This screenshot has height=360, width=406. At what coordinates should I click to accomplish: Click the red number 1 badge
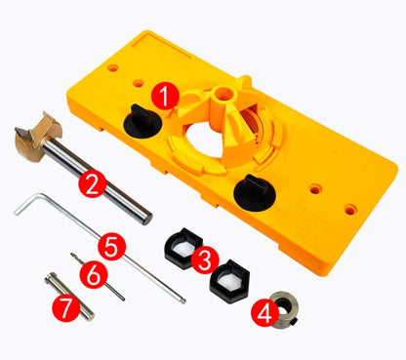[x=165, y=97]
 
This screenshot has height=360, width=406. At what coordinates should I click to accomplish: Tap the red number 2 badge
[x=92, y=181]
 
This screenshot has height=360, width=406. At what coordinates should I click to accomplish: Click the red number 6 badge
[x=92, y=275]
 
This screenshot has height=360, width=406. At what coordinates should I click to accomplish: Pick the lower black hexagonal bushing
[x=230, y=284]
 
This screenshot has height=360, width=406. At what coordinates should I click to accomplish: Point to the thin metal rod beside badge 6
[x=109, y=284]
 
